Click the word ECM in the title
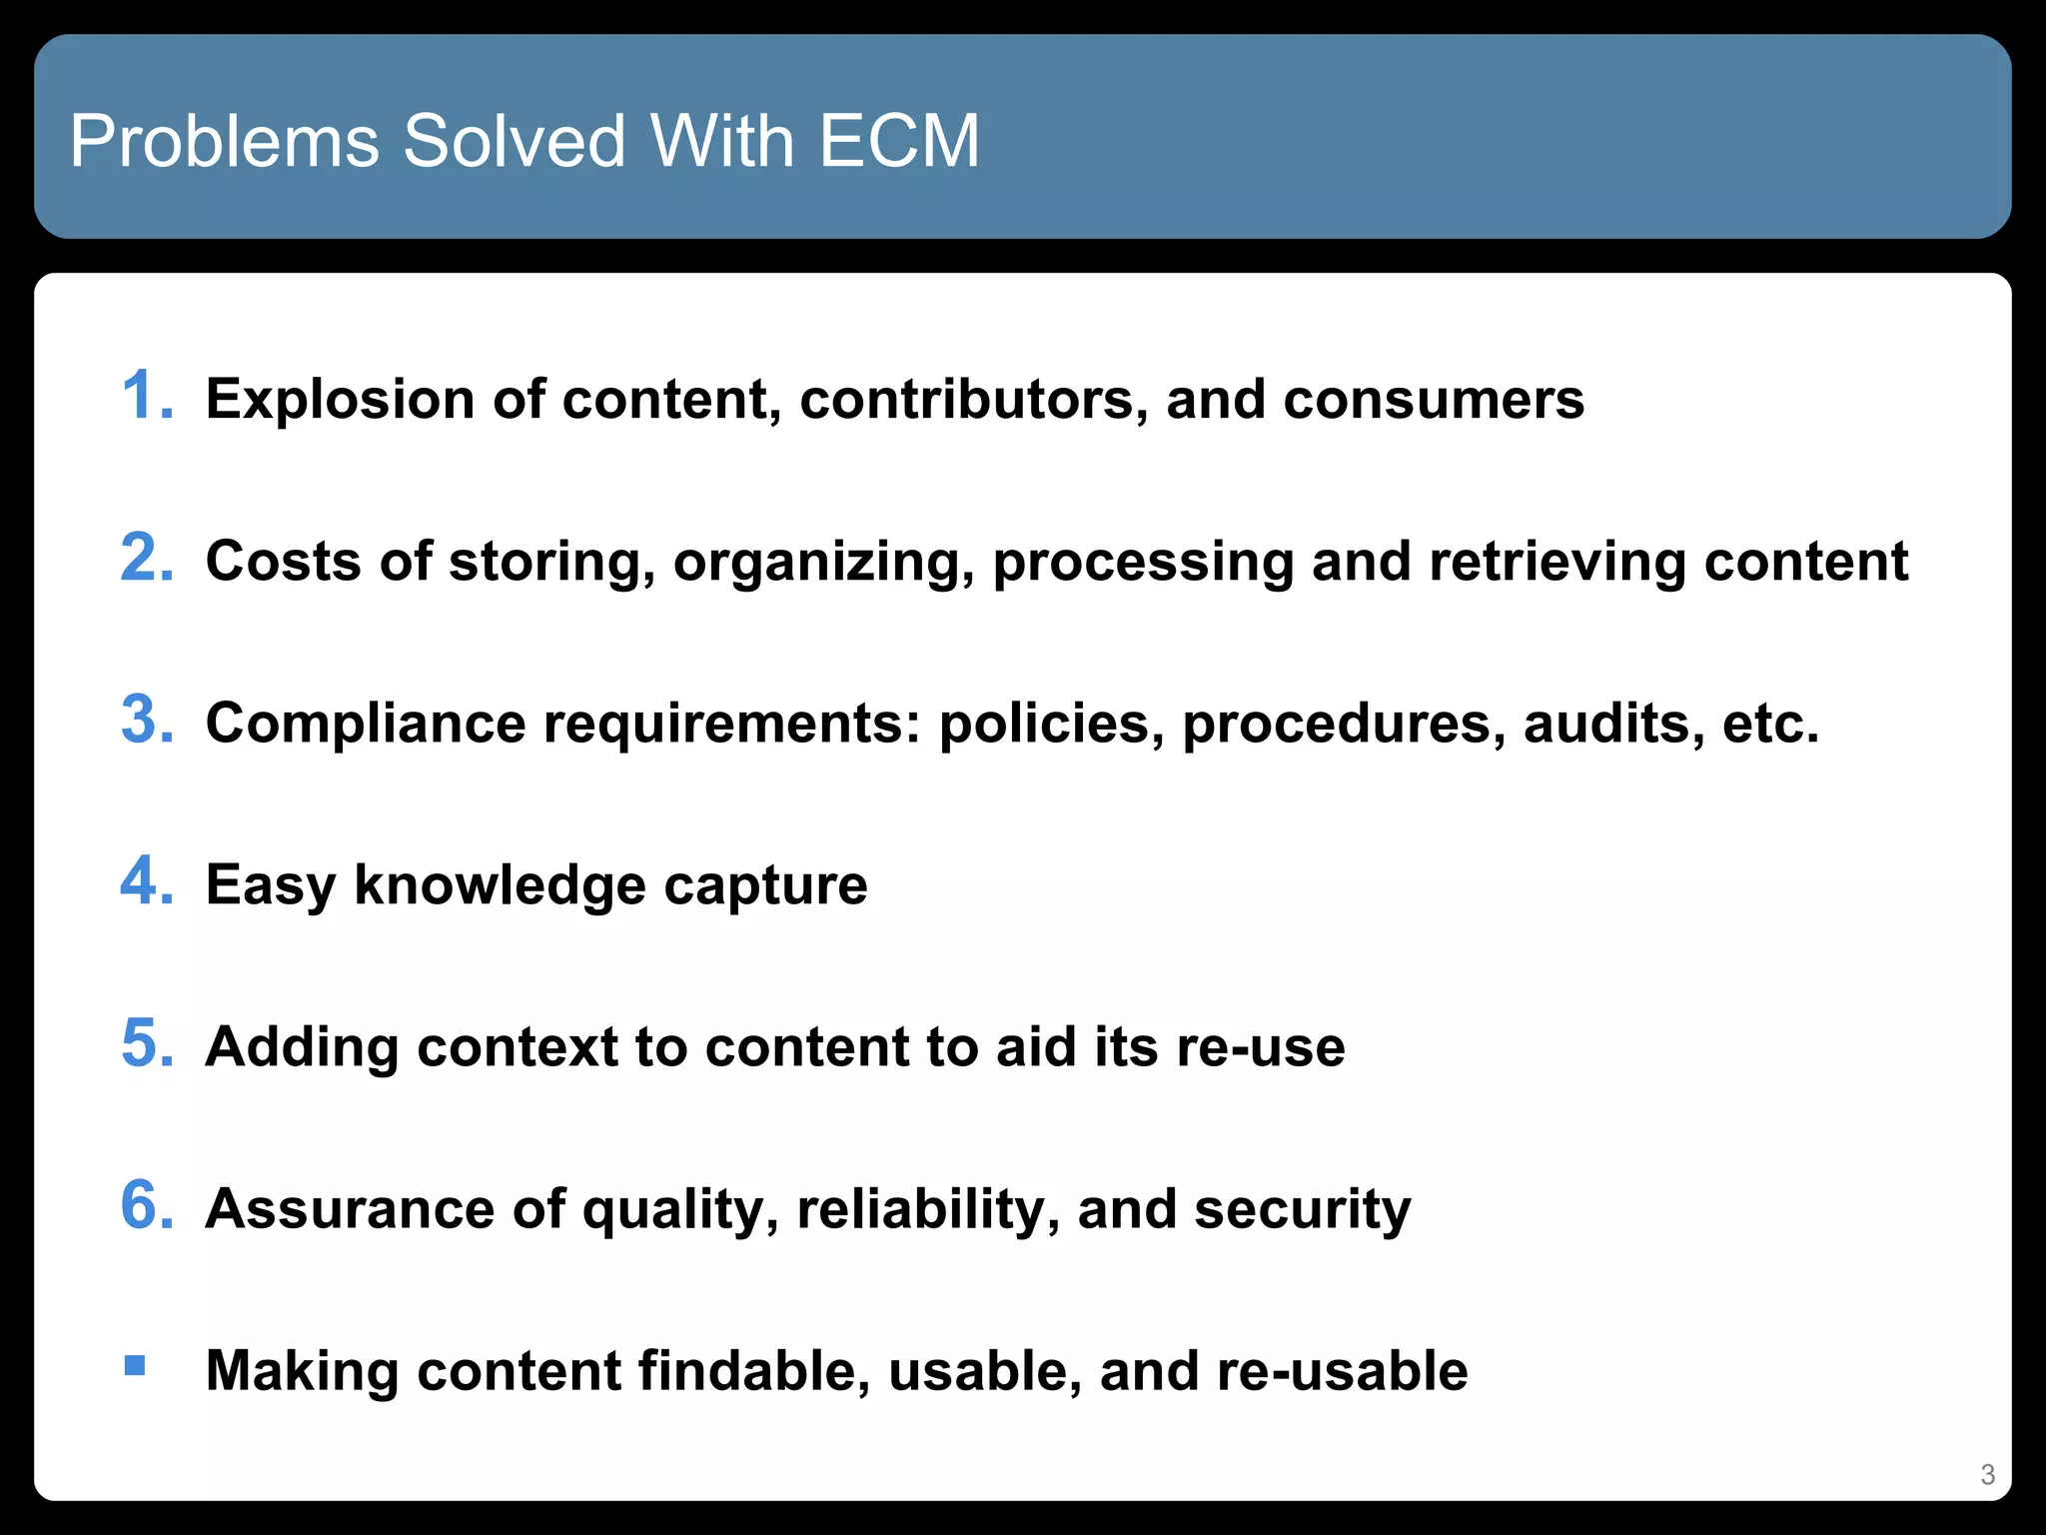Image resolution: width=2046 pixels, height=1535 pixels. pyautogui.click(x=898, y=141)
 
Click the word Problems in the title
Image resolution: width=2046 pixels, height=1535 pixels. pyautogui.click(x=224, y=141)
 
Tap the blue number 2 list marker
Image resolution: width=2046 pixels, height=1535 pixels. pyautogui.click(x=146, y=558)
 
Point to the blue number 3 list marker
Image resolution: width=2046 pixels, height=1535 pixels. pyautogui.click(x=146, y=720)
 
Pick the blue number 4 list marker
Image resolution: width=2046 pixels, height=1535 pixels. pyautogui.click(x=146, y=881)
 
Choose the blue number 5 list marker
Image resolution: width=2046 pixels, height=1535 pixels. pyautogui.click(x=146, y=1043)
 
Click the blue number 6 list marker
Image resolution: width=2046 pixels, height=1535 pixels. pyautogui.click(x=146, y=1205)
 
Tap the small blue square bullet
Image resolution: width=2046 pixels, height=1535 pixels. pyautogui.click(x=135, y=1365)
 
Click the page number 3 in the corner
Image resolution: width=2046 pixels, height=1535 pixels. pyautogui.click(x=1987, y=1474)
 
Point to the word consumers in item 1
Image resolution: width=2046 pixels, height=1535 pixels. pyautogui.click(x=1434, y=400)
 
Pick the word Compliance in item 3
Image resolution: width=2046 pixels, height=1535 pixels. pyautogui.click(x=365, y=724)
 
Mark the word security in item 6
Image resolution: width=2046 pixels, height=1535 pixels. pyautogui.click(x=1302, y=1209)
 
